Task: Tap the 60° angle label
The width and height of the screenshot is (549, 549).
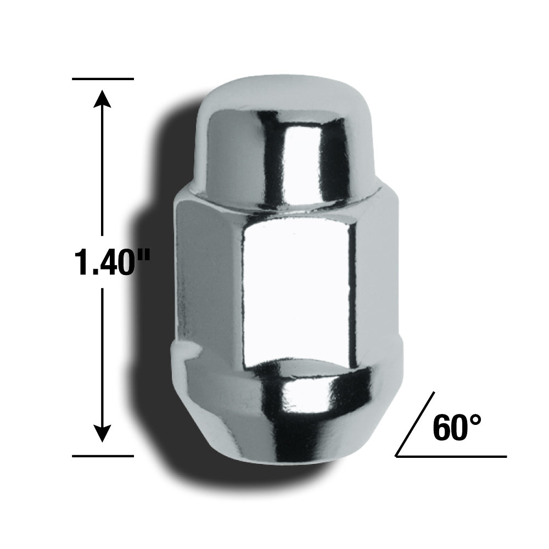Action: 456,428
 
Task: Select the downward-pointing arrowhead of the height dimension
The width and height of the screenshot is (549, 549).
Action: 102,434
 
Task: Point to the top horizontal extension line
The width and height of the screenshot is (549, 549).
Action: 103,79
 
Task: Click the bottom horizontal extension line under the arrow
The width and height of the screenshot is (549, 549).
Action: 103,456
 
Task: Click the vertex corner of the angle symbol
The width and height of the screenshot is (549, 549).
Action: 397,455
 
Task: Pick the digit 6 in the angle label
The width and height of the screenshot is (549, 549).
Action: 442,428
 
